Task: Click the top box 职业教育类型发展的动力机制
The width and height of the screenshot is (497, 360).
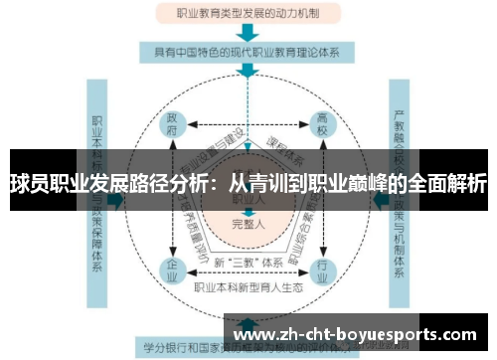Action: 248,15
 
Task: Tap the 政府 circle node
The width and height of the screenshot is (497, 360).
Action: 172,127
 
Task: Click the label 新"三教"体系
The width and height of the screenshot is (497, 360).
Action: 248,262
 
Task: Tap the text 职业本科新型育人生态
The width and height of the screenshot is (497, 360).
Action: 248,286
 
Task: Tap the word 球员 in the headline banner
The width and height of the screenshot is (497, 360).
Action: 28,183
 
